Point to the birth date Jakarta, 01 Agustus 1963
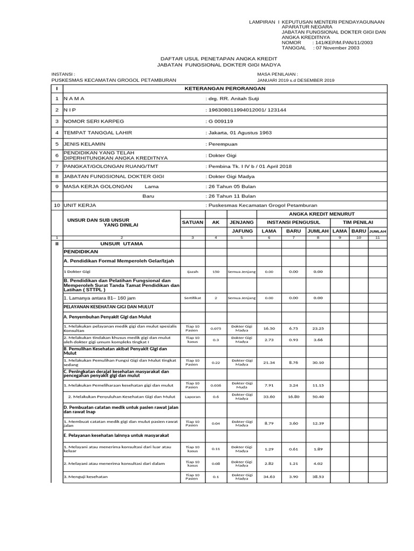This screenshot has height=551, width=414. pyautogui.click(x=239, y=132)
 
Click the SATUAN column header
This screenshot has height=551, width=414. pyautogui.click(x=192, y=222)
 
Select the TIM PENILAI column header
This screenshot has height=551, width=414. pyautogui.click(x=358, y=222)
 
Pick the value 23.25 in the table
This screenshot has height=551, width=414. pyautogui.click(x=318, y=328)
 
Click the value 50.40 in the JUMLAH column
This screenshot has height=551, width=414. pyautogui.click(x=318, y=397)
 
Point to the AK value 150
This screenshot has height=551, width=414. pyautogui.click(x=216, y=272)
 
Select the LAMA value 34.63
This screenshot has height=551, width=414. pyautogui.click(x=269, y=476)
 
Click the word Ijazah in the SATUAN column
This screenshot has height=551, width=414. pyautogui.click(x=192, y=272)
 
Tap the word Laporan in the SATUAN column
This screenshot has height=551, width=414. pyautogui.click(x=192, y=397)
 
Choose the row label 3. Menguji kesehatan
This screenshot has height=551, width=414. pyautogui.click(x=86, y=477)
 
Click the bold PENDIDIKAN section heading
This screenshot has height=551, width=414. pyautogui.click(x=80, y=251)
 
